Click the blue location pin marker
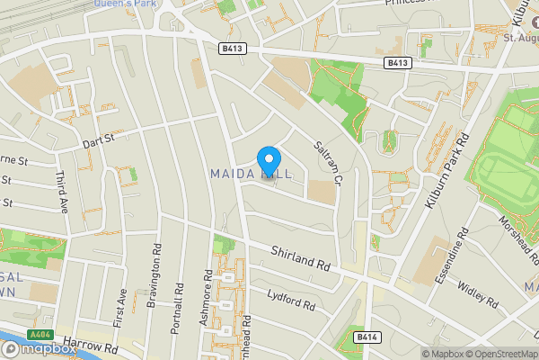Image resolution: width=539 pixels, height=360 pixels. pos(268,160)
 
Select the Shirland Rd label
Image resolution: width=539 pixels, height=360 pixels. pos(300,262)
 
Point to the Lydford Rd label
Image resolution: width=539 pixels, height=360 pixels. pos(292,300)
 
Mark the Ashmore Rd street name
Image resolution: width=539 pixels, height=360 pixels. pos(208,296)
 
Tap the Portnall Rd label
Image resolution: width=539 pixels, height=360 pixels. pos(176,308)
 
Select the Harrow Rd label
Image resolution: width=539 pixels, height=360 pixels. pos(98,346)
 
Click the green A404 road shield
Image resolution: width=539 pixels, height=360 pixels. pos(40,335)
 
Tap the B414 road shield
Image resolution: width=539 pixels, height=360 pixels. pos(362,337)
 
